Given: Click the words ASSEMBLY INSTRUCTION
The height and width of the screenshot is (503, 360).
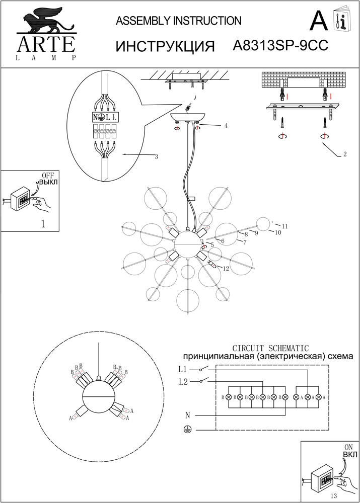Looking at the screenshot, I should pyautogui.click(x=179, y=21).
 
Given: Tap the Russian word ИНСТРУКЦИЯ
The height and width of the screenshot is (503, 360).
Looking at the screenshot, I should pyautogui.click(x=165, y=46).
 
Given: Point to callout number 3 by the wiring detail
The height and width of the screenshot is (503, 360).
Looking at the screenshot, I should pyautogui.click(x=157, y=157).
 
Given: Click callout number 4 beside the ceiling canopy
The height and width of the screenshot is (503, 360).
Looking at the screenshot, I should pyautogui.click(x=226, y=125).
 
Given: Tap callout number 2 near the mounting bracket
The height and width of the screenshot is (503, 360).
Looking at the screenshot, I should pyautogui.click(x=344, y=154).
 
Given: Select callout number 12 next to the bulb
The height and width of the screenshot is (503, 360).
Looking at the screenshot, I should pyautogui.click(x=226, y=269).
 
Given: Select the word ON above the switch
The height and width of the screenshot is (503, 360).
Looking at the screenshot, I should pyautogui.click(x=347, y=447).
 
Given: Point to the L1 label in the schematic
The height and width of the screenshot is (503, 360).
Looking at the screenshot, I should pyautogui.click(x=183, y=369).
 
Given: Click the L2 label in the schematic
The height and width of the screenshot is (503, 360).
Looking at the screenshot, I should pyautogui.click(x=183, y=382).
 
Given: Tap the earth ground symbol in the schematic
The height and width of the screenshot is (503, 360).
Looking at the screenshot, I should pyautogui.click(x=187, y=430).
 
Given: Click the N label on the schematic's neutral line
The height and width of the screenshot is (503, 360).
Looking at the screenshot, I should pyautogui.click(x=187, y=415).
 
